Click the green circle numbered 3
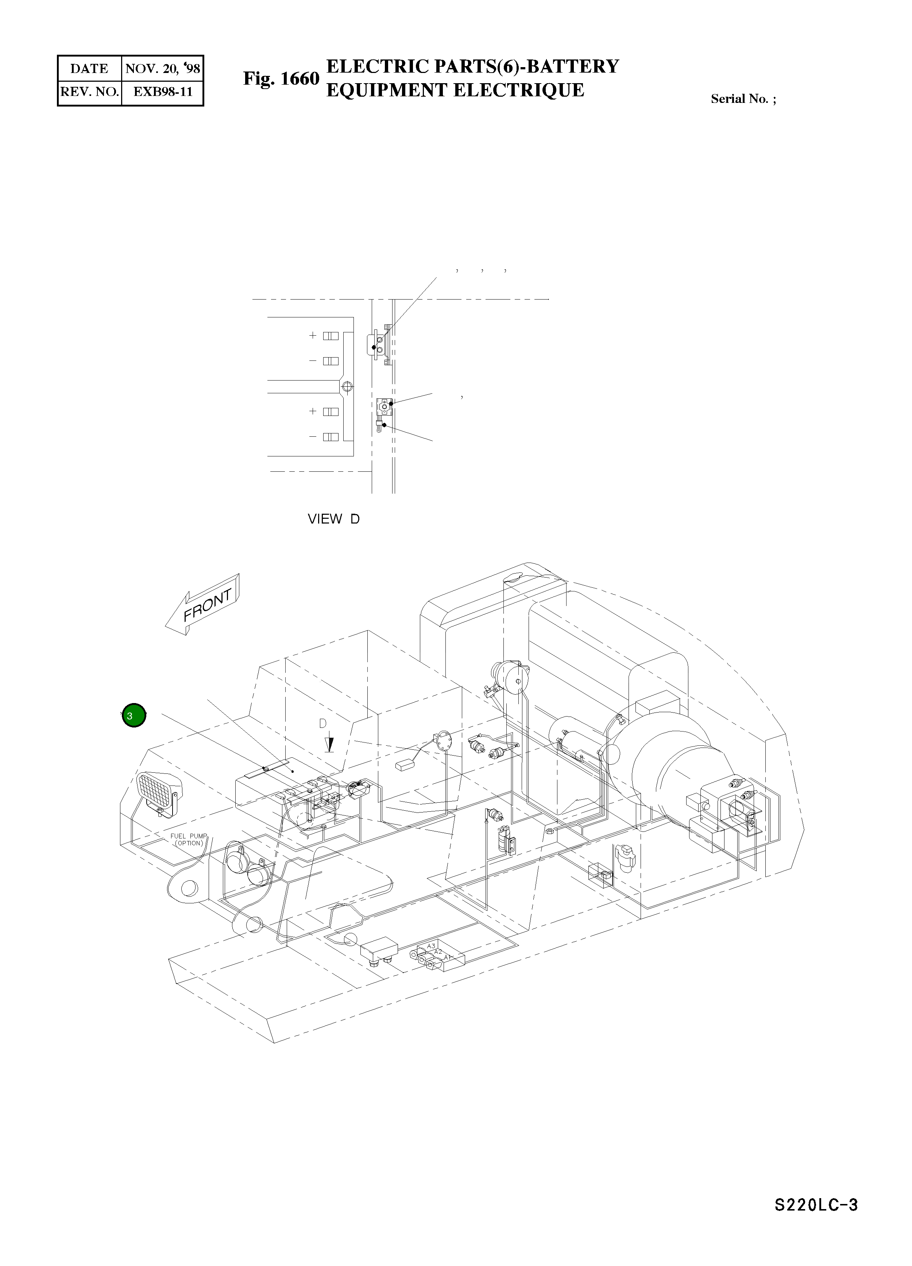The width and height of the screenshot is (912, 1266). [x=134, y=715]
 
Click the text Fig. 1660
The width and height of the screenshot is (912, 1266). [x=281, y=79]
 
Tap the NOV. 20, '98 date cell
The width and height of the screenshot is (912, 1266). [x=162, y=69]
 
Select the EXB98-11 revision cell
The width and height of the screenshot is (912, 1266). [x=162, y=92]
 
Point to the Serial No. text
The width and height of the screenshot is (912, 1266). [x=743, y=99]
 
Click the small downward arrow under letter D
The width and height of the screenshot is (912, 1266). [x=330, y=744]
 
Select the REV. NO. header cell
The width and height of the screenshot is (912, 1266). [x=89, y=92]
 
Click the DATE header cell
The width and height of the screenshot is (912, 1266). [x=89, y=69]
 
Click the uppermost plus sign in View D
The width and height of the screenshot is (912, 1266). [x=313, y=336]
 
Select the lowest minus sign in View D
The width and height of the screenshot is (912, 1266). [x=313, y=436]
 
